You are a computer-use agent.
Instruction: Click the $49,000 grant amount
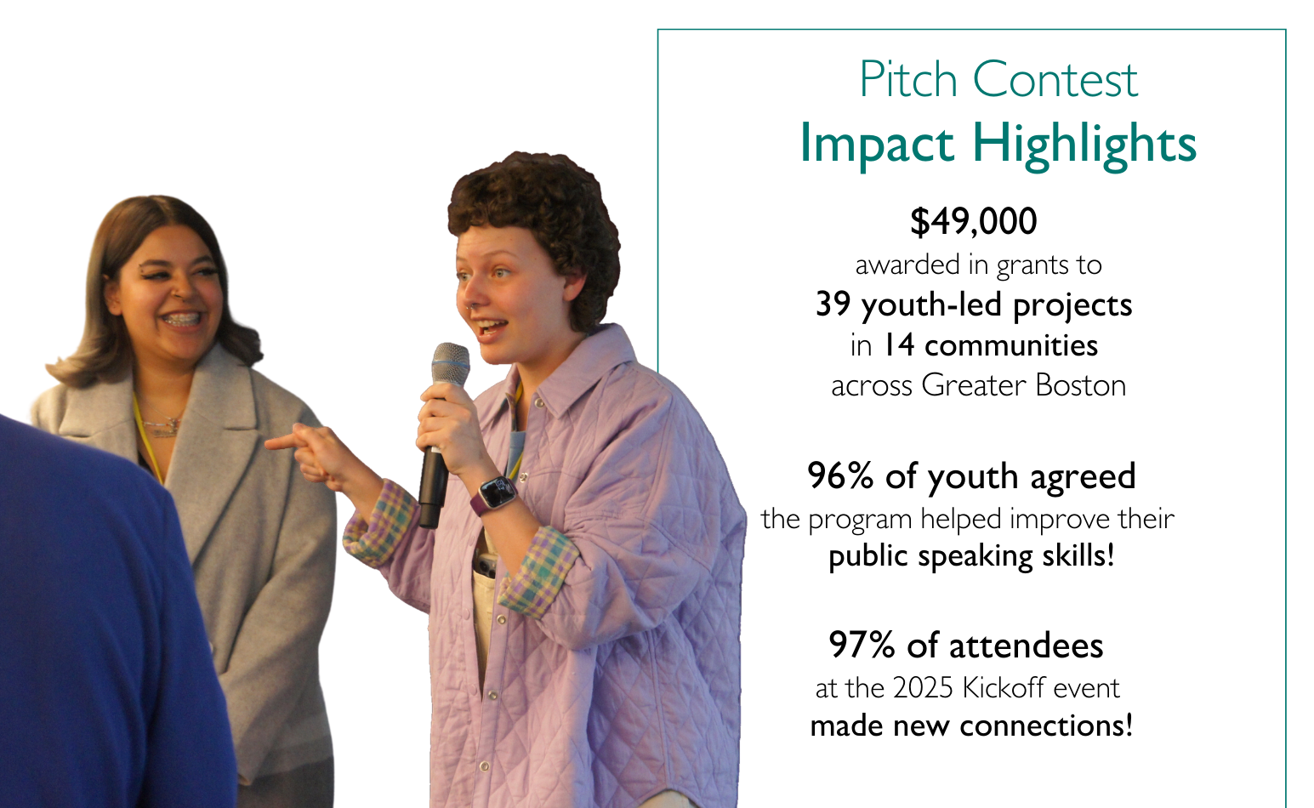coord(974,222)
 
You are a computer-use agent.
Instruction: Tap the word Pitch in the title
coord(908,79)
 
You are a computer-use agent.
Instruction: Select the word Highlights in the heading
coord(1084,144)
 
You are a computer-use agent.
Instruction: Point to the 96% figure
coord(840,475)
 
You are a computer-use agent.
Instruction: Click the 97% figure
coord(862,646)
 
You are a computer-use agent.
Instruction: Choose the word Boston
coord(1080,386)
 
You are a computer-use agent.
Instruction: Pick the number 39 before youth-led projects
coord(833,304)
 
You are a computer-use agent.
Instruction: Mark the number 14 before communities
coord(899,345)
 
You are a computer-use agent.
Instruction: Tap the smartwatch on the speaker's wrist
coord(496,495)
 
